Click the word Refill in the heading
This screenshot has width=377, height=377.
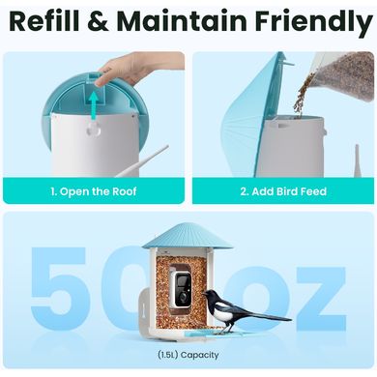[x=44, y=21]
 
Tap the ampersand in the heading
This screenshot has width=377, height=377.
[x=98, y=21]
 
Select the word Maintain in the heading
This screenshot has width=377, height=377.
[x=183, y=21]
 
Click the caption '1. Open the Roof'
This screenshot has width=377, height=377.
[x=94, y=191]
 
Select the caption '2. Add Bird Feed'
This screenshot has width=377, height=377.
[x=283, y=191]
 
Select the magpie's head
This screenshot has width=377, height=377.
[x=210, y=295]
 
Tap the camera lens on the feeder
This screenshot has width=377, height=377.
[x=182, y=295]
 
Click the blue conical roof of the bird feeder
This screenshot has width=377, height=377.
[x=188, y=237]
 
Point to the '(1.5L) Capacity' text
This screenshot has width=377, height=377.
[x=188, y=355]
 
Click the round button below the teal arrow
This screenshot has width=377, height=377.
[x=94, y=130]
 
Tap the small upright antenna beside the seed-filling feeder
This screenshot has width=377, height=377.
[x=358, y=160]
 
